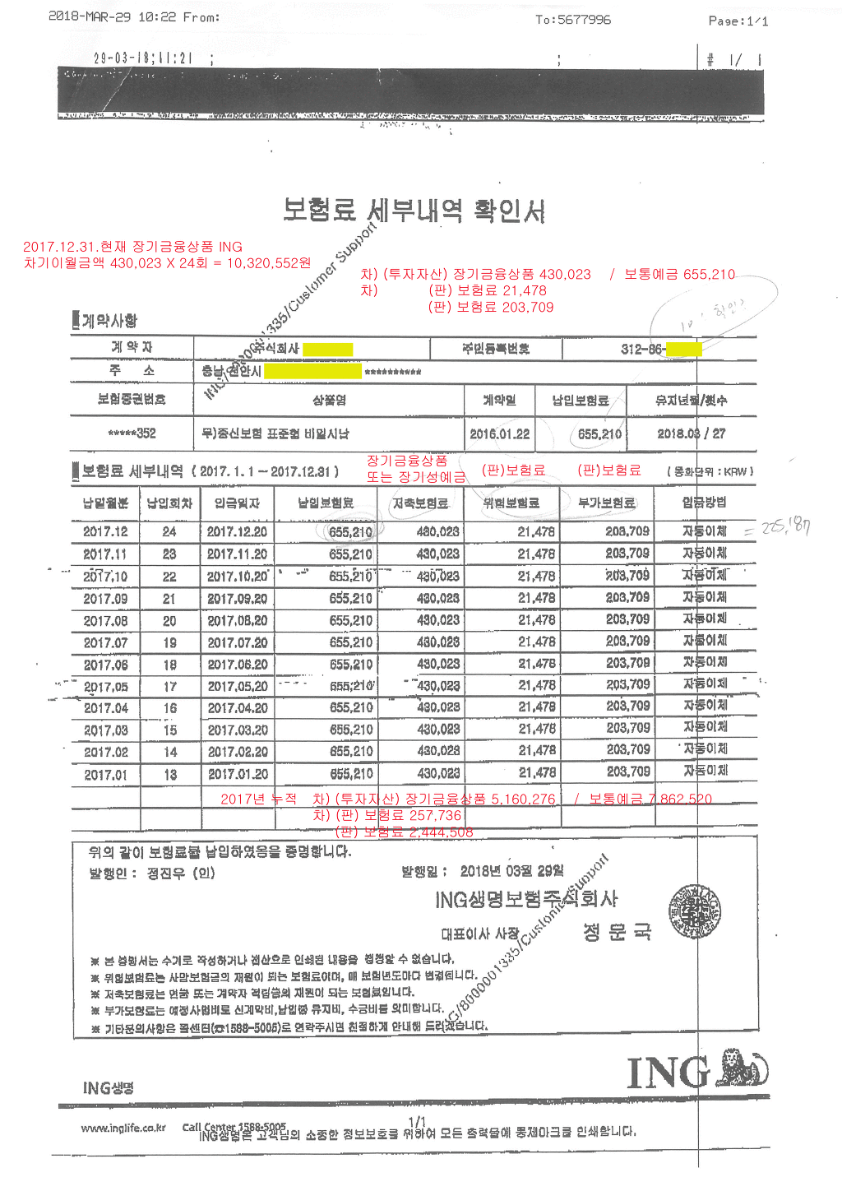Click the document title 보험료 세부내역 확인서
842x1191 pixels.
[x=414, y=211]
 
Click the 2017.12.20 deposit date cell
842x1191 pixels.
[x=237, y=532]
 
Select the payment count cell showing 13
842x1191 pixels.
[x=170, y=774]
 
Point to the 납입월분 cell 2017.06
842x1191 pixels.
[x=105, y=665]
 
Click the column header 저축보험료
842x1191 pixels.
[x=420, y=503]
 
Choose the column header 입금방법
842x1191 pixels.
[x=704, y=502]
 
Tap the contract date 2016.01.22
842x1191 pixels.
[x=499, y=433]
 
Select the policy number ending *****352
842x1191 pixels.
[x=132, y=433]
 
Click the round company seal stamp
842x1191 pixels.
[x=695, y=911]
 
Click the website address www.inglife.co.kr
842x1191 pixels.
[x=123, y=1128]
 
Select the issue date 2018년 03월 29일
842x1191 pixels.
[x=511, y=871]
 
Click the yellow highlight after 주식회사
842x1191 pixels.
[x=327, y=350]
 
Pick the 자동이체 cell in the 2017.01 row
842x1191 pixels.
[x=706, y=771]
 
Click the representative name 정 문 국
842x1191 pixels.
[x=617, y=932]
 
